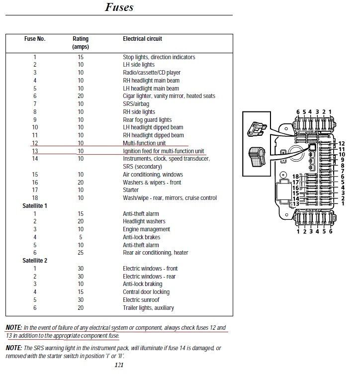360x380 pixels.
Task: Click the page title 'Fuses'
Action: point(119,7)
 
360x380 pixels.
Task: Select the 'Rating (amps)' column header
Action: point(81,42)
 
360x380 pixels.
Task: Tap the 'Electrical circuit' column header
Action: point(142,39)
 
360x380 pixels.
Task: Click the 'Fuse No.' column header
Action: point(35,39)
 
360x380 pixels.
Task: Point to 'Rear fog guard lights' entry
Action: point(147,120)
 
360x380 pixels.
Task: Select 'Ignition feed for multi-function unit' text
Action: point(164,151)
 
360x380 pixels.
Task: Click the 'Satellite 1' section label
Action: point(34,206)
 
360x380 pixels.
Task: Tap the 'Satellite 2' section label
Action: point(34,261)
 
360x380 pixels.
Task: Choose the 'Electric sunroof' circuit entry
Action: point(143,300)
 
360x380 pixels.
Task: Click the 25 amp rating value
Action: point(81,253)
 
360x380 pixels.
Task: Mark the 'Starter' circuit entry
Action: point(131,190)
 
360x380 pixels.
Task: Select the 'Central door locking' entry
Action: point(146,292)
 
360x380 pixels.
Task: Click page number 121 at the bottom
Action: point(118,365)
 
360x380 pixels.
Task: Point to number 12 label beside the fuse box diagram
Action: point(341,144)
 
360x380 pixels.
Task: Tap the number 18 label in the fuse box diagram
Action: point(295,177)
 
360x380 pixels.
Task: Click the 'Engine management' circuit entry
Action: point(146,229)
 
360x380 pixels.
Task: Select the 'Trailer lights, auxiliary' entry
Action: point(148,308)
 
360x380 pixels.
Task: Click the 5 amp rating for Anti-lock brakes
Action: point(81,237)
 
